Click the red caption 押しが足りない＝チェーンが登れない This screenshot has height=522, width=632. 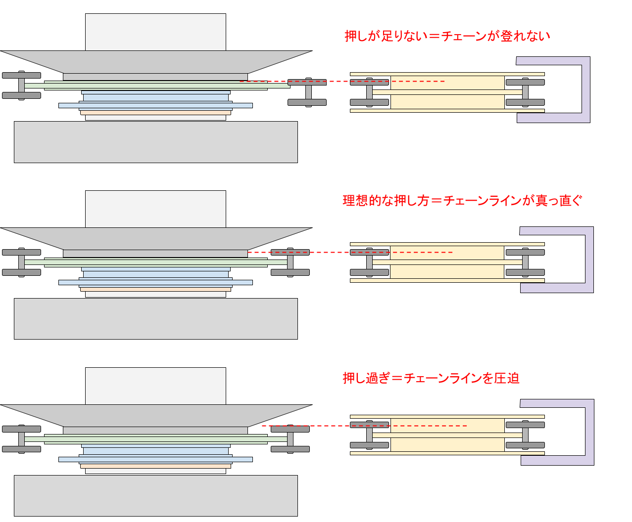pos(447,36)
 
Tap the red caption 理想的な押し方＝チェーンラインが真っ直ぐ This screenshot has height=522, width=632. pos(462,200)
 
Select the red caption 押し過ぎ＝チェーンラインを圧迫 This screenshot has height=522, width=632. pos(431,378)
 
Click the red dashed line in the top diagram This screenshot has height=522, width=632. pos(342,81)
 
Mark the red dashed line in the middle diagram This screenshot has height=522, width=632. pos(350,252)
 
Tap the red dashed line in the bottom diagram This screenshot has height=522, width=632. pos(364,426)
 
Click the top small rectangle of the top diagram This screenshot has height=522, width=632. pos(155,32)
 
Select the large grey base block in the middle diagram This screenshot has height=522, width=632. pos(156,319)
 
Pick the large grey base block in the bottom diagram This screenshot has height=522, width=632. pos(156,496)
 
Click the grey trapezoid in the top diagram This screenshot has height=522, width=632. pos(156,62)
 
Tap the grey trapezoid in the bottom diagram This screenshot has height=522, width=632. pos(156,416)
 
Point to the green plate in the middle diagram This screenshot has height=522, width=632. pos(156,262)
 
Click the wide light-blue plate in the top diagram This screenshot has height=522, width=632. pos(155,105)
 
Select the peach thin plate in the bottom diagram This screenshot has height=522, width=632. pos(155,466)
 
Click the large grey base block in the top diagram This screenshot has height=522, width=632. pos(156,142)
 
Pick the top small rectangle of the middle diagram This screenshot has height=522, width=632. pos(155,209)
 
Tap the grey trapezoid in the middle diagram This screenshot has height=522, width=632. pos(156,238)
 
